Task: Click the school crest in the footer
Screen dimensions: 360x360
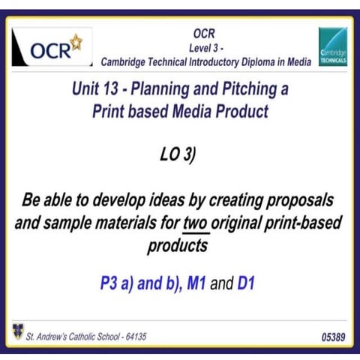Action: click(17, 330)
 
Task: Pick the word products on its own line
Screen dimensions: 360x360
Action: click(180, 244)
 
